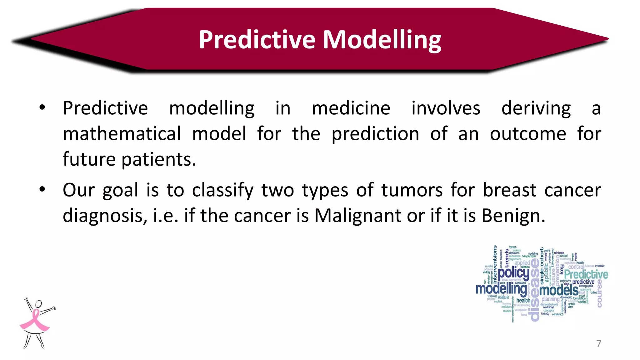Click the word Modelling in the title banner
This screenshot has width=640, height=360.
click(x=382, y=40)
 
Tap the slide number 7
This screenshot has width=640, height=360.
click(x=598, y=343)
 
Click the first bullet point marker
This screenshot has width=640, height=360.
click(x=42, y=108)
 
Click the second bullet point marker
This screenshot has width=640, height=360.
click(x=42, y=189)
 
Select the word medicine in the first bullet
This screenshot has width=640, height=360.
click(x=351, y=108)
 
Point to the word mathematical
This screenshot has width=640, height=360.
click(x=122, y=134)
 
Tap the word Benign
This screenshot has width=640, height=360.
click(x=513, y=216)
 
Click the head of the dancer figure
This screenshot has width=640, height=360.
click(x=38, y=303)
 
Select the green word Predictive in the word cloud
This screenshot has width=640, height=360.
click(x=586, y=274)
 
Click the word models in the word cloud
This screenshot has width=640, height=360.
click(x=558, y=290)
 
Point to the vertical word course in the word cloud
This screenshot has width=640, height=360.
click(x=599, y=293)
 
